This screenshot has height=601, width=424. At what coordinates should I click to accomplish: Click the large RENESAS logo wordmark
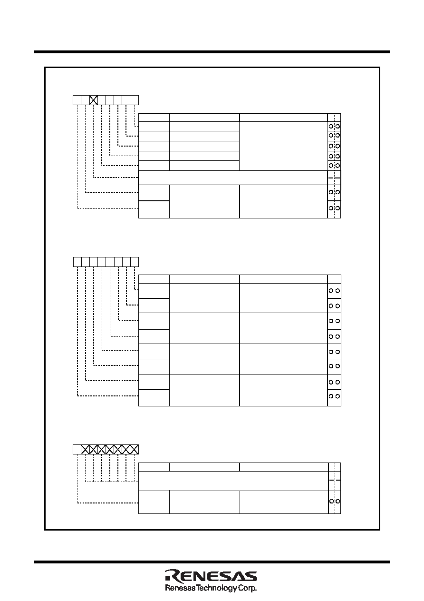211,576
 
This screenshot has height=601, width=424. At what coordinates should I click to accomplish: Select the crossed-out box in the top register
93,100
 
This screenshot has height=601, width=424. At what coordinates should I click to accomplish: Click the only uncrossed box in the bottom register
77,449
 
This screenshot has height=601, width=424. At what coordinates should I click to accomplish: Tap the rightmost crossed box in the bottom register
134,449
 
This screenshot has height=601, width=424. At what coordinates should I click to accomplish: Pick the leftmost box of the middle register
77,262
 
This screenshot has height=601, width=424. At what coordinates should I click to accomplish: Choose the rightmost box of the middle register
135,262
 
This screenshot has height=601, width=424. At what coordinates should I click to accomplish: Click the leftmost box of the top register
77,100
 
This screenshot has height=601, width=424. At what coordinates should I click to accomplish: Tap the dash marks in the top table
334,178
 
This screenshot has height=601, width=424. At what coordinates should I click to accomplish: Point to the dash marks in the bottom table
335,480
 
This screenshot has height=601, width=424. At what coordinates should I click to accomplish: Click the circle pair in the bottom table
335,501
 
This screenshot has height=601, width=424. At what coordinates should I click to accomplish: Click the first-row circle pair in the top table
334,126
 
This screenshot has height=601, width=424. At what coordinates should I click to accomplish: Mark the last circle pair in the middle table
334,396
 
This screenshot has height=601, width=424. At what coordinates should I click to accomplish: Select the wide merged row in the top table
233,177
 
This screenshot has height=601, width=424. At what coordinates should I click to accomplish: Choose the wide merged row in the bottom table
233,481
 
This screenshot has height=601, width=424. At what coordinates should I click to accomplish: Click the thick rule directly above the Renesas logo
212,562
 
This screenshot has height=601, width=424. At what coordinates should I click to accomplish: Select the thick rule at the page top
212,52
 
